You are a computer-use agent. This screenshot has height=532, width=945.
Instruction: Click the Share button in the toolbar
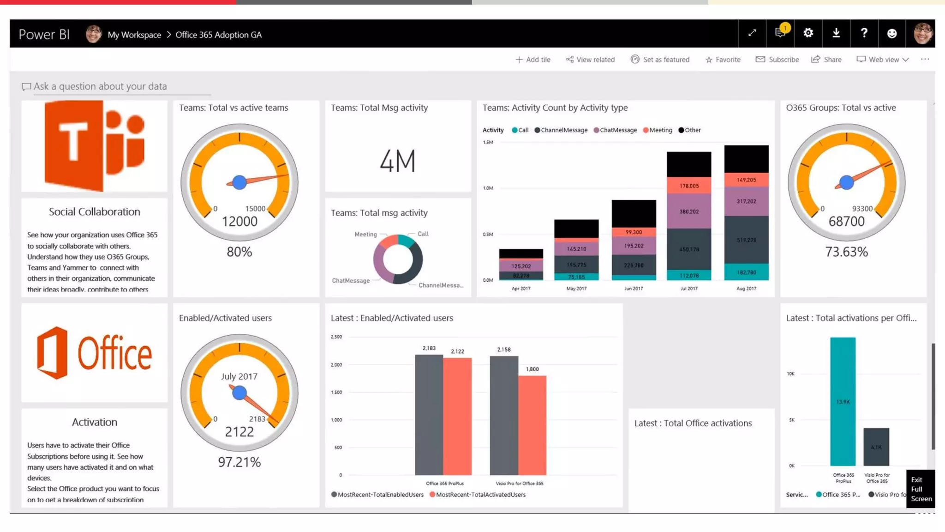(x=826, y=60)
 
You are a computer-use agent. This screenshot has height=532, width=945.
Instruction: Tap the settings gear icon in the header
(x=808, y=33)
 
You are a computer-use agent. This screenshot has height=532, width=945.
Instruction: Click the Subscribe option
(x=778, y=60)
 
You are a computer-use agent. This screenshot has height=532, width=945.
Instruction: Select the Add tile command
(x=533, y=60)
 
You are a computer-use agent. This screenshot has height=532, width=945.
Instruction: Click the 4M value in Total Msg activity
(x=397, y=161)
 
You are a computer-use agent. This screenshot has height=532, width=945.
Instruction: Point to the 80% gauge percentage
(x=239, y=252)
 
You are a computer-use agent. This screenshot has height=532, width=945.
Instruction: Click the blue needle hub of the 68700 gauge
(x=846, y=182)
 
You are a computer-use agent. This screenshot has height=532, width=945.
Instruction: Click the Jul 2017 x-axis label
(x=689, y=289)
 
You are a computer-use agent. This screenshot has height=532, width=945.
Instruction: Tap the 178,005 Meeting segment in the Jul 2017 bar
(x=689, y=186)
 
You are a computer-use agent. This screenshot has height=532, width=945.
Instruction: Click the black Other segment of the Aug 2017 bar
(x=746, y=158)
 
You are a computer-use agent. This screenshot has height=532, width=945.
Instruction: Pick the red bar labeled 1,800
(x=532, y=425)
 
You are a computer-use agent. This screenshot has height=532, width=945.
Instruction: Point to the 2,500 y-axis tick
(x=336, y=337)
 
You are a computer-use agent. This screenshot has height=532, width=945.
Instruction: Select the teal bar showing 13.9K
(x=843, y=401)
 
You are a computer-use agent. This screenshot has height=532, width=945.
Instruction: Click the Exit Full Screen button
(x=921, y=489)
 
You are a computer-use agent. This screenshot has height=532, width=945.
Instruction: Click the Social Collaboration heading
(x=95, y=212)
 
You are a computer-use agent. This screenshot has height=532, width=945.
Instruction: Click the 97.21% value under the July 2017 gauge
(x=239, y=462)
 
